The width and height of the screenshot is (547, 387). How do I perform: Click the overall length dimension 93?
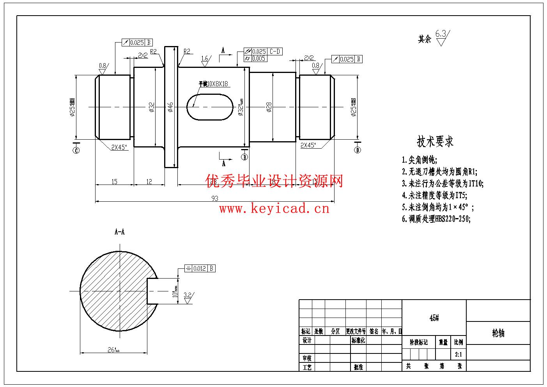tap(215, 198)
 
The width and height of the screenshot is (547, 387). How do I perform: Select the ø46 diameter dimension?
tap(170, 107)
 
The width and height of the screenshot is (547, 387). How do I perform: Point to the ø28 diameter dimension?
tap(269, 107)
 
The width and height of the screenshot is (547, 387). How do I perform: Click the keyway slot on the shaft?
tap(209, 107)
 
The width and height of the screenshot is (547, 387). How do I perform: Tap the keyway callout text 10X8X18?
tap(213, 84)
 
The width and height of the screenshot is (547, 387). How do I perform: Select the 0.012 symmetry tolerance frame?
tap(200, 268)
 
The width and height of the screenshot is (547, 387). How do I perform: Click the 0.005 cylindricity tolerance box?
tap(255, 59)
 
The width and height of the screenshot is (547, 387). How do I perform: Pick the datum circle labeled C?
tap(76, 150)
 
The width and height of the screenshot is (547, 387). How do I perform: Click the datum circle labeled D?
tap(358, 150)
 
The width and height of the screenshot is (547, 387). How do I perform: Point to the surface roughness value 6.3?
tap(441, 34)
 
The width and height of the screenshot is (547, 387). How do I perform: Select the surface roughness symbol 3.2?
tap(188, 295)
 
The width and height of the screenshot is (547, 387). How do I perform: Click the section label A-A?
tap(120, 232)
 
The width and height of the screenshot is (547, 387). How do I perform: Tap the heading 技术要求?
tap(435, 141)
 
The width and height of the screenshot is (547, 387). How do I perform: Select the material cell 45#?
tap(434, 318)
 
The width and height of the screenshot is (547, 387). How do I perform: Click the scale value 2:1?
tap(458, 355)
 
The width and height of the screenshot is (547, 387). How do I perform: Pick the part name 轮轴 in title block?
tap(498, 333)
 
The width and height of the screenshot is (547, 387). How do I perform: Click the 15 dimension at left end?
tap(114, 181)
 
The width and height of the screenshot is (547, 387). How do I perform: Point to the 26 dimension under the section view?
tap(113, 350)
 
